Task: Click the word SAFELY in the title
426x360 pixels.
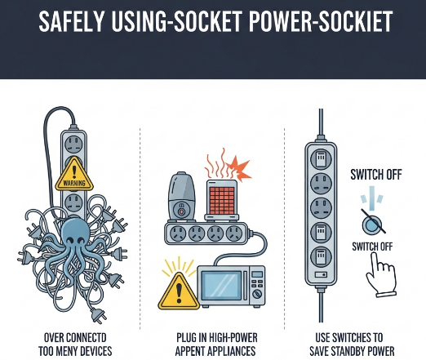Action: point(71,21)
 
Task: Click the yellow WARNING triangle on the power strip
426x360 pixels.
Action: point(74,175)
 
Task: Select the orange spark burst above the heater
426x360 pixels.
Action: point(238,167)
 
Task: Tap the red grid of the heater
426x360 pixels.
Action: point(222,200)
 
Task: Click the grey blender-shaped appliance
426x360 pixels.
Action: point(181,195)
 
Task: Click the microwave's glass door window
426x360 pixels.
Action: point(223,286)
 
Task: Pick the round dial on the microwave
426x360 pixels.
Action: point(257,294)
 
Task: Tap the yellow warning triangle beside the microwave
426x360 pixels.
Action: point(179,291)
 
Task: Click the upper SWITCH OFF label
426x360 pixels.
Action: point(375,175)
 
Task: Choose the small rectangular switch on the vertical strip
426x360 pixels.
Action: point(321,274)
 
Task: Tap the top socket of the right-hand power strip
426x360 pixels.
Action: point(321,158)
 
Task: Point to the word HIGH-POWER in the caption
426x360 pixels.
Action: point(233,338)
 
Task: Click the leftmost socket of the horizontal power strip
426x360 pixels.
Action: point(178,233)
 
